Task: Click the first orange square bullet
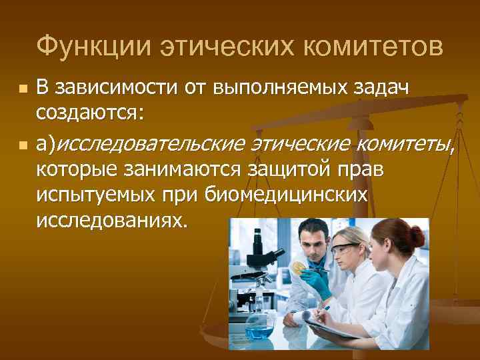(x=23, y=89)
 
